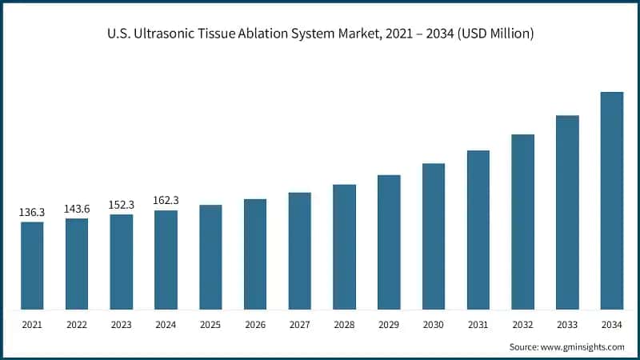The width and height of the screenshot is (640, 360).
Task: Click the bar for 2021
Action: (x=32, y=266)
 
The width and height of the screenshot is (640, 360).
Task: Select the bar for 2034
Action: (x=612, y=201)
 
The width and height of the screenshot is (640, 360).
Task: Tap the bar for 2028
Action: (x=344, y=247)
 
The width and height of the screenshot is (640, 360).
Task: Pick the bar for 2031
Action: (x=478, y=230)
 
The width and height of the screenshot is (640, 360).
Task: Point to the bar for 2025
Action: (x=210, y=257)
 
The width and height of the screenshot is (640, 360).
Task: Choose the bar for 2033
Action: (x=567, y=213)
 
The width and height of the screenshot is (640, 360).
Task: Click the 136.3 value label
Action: (x=32, y=213)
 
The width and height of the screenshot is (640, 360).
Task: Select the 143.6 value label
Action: (x=77, y=209)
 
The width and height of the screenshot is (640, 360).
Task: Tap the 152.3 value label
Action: (x=122, y=205)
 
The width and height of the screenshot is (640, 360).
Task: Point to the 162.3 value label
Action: (x=166, y=201)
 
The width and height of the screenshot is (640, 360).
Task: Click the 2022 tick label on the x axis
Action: (x=77, y=324)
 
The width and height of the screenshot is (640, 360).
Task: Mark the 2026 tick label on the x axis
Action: (x=255, y=324)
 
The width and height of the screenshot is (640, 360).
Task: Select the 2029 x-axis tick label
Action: (x=389, y=324)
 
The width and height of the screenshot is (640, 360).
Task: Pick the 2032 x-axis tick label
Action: (x=522, y=324)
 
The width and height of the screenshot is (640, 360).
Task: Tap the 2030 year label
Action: (x=434, y=324)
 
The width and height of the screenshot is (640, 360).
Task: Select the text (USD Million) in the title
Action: (x=492, y=34)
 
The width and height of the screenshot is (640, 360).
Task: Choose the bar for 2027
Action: (x=300, y=251)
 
